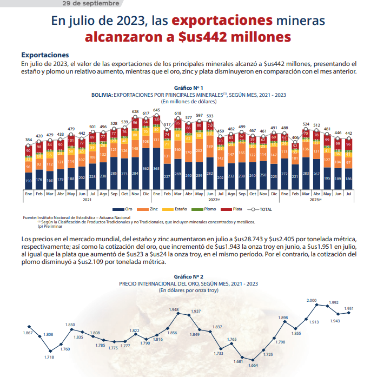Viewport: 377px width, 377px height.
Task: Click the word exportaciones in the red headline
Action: (x=222, y=21)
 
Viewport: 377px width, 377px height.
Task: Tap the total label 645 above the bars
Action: (x=156, y=110)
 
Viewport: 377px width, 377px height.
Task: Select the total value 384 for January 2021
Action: (x=29, y=140)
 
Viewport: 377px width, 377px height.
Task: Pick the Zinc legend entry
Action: (x=151, y=209)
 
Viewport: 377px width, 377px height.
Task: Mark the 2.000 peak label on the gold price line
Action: (x=312, y=300)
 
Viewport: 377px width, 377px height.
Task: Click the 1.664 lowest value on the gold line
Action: (x=253, y=365)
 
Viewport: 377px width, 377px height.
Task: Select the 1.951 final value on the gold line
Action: (x=349, y=308)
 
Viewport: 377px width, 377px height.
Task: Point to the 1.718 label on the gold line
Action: (x=49, y=358)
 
